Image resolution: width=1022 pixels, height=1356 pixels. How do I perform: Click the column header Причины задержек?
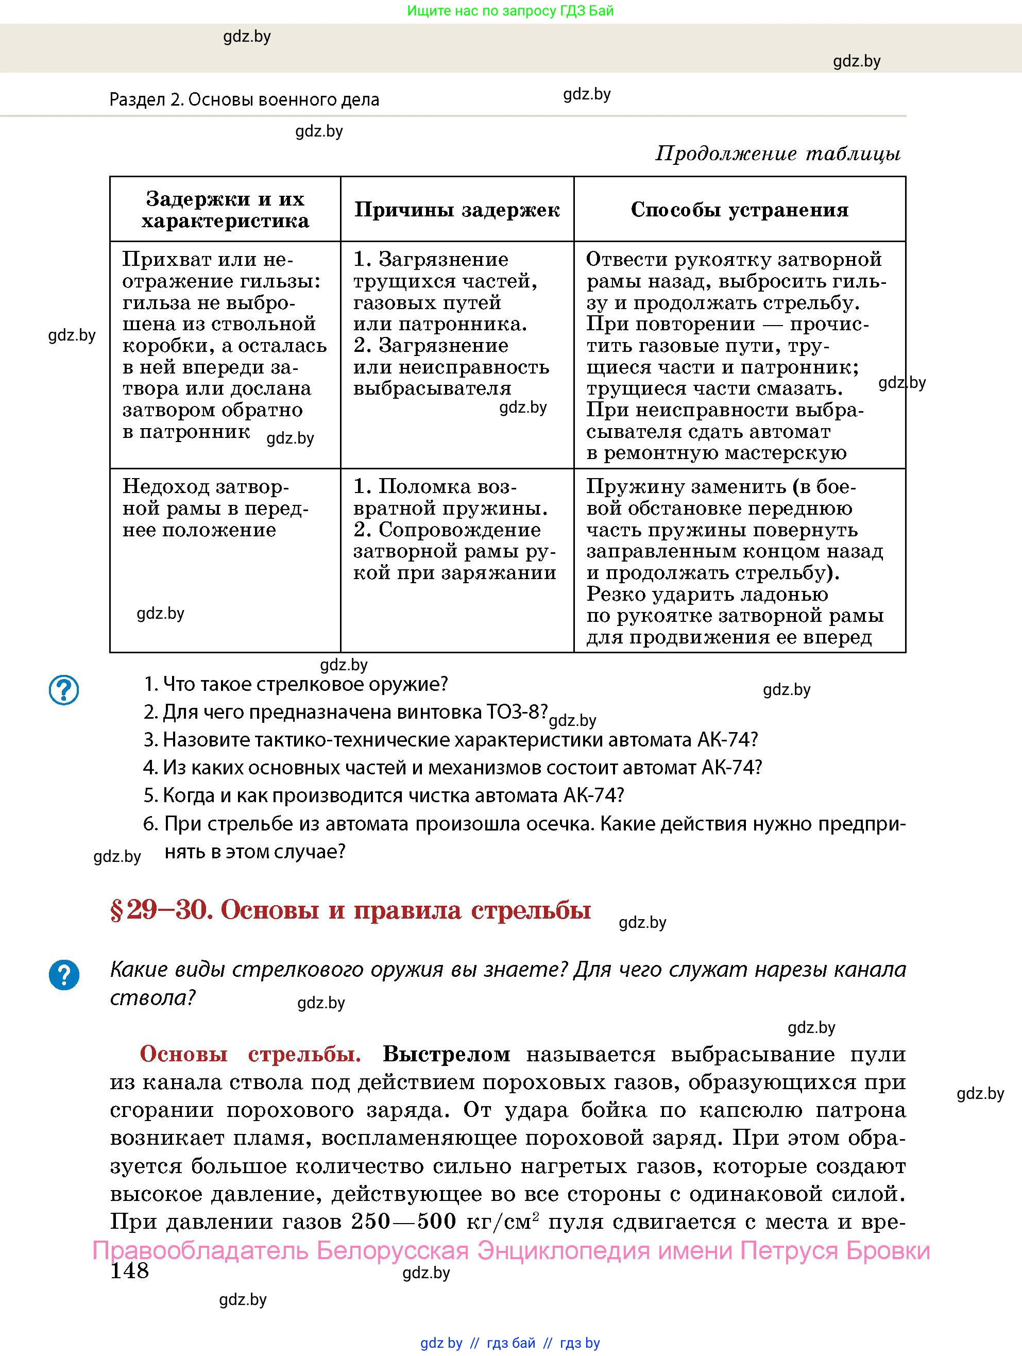[457, 210]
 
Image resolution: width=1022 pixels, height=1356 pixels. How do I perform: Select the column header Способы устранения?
[739, 210]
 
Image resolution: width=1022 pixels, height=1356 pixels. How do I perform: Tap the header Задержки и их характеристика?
[225, 210]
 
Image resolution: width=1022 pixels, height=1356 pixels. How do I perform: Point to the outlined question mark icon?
[64, 690]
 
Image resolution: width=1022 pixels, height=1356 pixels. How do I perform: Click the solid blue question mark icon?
[64, 975]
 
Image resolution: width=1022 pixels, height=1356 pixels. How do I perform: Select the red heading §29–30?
[350, 910]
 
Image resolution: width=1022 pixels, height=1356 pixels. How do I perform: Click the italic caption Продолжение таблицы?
[778, 153]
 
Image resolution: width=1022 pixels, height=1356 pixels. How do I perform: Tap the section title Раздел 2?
[244, 99]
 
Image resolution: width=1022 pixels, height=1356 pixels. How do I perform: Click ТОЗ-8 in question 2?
[515, 711]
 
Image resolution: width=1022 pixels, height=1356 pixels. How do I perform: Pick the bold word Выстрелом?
[446, 1054]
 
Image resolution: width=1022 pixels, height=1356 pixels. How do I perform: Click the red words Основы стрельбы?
[250, 1054]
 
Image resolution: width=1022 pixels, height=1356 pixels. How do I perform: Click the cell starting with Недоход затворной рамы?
[215, 508]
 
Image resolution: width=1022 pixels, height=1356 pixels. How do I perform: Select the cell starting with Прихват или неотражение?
[225, 345]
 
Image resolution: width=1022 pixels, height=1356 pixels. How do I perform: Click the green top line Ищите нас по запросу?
[510, 10]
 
